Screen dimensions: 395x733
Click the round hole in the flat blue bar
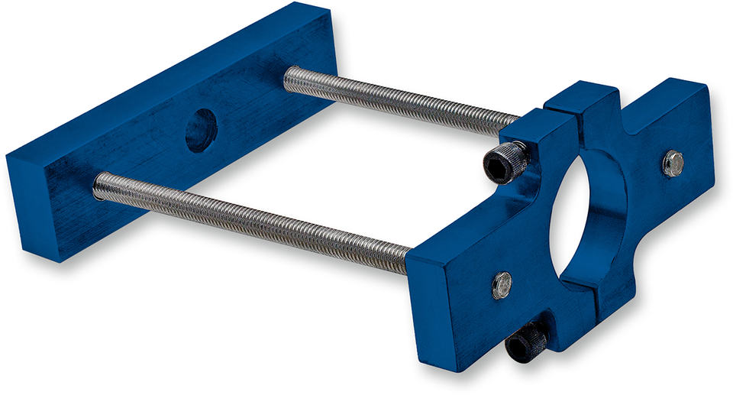point(201,130)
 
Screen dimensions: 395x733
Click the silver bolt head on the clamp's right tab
point(673,164)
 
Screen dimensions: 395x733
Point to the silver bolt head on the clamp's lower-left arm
point(502,284)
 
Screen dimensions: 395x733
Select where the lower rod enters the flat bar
point(98,186)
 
